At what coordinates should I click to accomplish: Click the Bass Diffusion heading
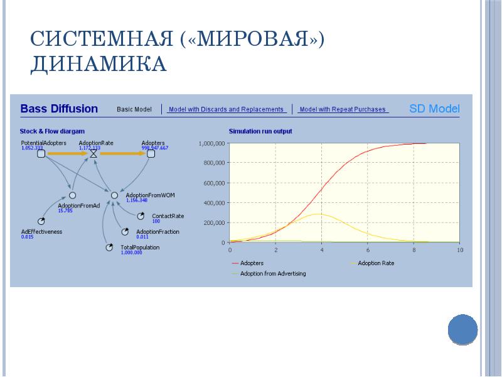[59, 109]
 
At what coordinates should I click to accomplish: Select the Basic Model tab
[134, 109]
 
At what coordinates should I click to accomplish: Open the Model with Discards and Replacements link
[227, 109]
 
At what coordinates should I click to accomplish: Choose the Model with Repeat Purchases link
[343, 109]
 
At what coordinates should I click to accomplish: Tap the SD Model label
[434, 109]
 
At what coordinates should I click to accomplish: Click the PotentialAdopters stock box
[40, 153]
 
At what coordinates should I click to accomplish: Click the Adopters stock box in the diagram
[151, 153]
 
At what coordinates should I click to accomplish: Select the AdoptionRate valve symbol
[93, 153]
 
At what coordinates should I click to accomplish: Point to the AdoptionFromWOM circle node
[114, 195]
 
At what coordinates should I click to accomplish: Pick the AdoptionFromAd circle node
[72, 195]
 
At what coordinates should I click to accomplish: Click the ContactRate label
[168, 216]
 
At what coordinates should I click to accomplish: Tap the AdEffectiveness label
[41, 231]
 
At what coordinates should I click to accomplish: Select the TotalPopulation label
[140, 247]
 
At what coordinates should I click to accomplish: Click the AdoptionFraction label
[158, 231]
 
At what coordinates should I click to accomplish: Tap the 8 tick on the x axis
[414, 250]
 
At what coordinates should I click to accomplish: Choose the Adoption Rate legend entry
[376, 263]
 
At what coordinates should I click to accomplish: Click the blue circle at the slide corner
[463, 329]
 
